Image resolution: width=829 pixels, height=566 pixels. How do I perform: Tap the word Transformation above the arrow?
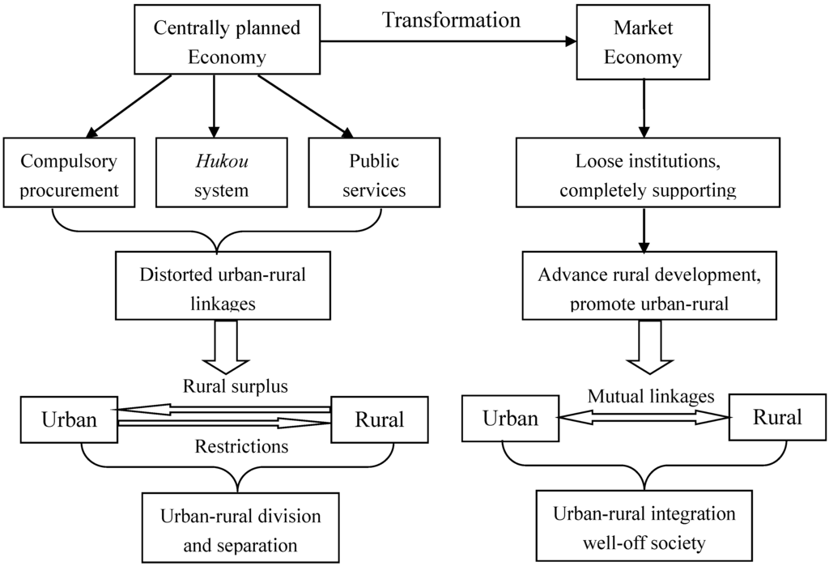(x=452, y=20)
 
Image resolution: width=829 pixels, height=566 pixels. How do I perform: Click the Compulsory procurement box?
(x=70, y=175)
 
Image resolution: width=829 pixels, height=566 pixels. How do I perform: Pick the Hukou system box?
(x=214, y=175)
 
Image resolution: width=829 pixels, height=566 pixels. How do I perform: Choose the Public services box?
(x=373, y=175)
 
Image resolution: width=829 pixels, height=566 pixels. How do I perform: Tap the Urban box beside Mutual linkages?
(x=510, y=418)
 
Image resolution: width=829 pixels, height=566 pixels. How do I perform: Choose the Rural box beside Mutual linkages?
(x=777, y=417)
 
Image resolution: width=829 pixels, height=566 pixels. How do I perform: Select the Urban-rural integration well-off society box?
(x=644, y=527)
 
